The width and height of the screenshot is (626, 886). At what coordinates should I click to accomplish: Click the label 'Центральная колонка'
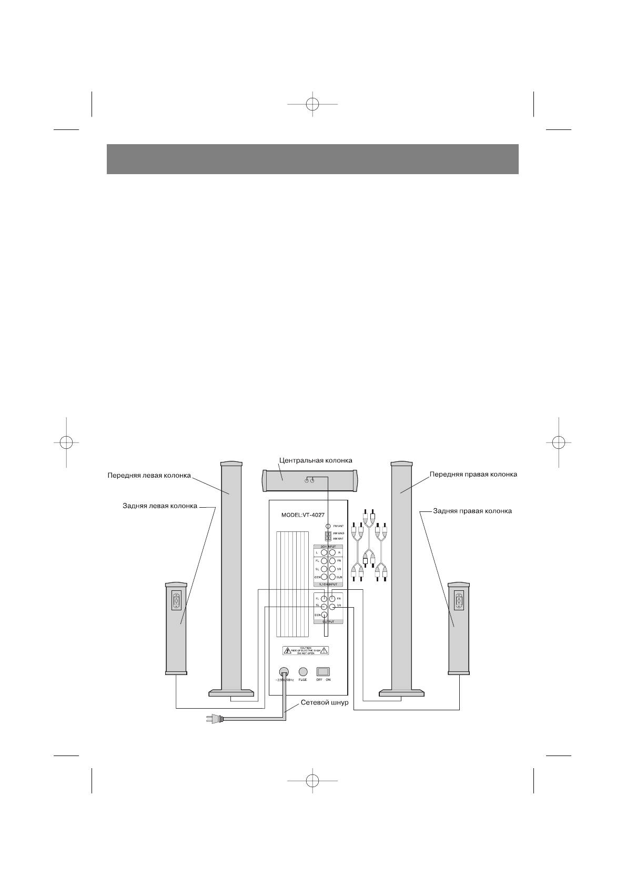click(x=315, y=460)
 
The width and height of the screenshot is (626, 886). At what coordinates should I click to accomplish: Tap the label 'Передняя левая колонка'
click(x=149, y=475)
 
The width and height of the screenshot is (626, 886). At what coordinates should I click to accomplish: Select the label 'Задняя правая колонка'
click(x=472, y=511)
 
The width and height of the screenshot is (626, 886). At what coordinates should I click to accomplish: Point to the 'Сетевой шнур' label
click(x=324, y=702)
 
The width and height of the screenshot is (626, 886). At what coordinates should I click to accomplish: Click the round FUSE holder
click(x=302, y=672)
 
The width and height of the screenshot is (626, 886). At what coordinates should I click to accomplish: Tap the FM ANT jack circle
click(x=328, y=526)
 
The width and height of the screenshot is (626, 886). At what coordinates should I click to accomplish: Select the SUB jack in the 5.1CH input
click(x=332, y=577)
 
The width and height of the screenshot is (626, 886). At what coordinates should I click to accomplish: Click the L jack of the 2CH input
click(x=324, y=553)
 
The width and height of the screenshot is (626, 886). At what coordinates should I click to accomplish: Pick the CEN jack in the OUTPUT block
click(x=324, y=615)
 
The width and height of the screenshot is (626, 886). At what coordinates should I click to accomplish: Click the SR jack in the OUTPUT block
click(x=332, y=607)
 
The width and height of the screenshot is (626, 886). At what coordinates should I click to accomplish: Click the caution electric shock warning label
click(x=306, y=650)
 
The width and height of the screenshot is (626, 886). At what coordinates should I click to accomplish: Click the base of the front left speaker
click(x=232, y=693)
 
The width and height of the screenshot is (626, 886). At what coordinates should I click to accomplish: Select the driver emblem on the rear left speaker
click(x=176, y=600)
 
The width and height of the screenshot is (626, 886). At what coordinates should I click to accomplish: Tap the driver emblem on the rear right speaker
click(x=459, y=600)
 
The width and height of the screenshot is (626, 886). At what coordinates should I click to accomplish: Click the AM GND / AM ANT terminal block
click(x=328, y=536)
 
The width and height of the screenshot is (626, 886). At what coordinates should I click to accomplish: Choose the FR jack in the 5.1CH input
click(x=332, y=561)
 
